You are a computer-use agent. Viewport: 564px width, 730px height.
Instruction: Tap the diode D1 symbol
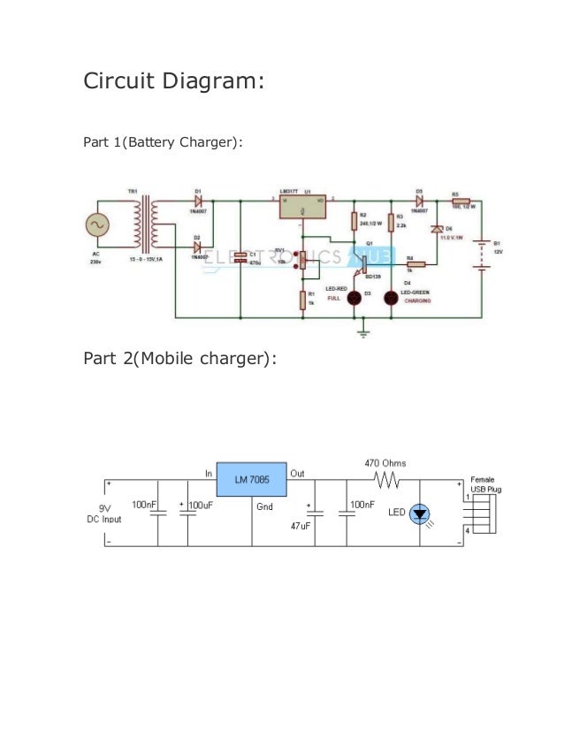(199, 201)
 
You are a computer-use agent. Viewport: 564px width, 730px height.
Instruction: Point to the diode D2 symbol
(199, 248)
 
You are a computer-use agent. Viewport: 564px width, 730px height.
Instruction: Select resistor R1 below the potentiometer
(302, 300)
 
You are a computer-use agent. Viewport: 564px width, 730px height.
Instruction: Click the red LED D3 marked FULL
(355, 299)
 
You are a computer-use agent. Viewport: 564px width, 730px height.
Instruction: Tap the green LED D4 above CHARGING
(391, 299)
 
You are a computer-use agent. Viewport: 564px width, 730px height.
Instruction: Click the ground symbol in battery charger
(362, 331)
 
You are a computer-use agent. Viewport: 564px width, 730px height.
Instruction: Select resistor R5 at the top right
(461, 202)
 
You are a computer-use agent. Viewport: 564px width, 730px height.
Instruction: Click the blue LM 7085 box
(252, 479)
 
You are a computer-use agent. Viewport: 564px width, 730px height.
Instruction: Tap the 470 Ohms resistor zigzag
(386, 481)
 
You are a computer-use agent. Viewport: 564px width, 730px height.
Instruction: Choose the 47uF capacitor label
(300, 526)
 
